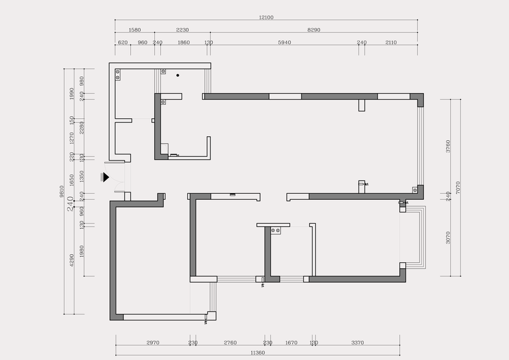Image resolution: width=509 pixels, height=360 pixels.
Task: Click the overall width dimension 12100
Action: pyautogui.click(x=266, y=17)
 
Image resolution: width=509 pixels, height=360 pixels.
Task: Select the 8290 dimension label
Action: pyautogui.click(x=314, y=29)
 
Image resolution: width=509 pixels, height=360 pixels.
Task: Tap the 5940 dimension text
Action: pyautogui.click(x=285, y=43)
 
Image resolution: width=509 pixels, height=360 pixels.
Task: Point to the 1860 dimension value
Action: pyautogui.click(x=183, y=43)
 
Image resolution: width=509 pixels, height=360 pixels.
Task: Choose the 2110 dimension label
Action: pyautogui.click(x=391, y=43)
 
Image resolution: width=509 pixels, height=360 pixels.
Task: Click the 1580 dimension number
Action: pyautogui.click(x=135, y=29)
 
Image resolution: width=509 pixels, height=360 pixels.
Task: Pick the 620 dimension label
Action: pyautogui.click(x=122, y=43)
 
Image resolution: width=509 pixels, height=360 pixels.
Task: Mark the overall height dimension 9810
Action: pyautogui.click(x=62, y=191)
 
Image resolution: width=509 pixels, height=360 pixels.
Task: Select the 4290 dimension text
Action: pyautogui.click(x=72, y=260)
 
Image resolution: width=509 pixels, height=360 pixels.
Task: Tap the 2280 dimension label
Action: pyautogui.click(x=82, y=127)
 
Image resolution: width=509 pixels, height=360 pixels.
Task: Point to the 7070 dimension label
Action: pyautogui.click(x=458, y=188)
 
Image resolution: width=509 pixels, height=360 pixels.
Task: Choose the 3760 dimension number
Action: pyautogui.click(x=448, y=146)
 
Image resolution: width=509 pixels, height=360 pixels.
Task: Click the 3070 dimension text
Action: pyautogui.click(x=448, y=238)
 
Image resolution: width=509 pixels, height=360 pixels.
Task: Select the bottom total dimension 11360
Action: pyautogui.click(x=258, y=353)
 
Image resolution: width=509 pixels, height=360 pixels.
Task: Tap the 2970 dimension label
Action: pyautogui.click(x=152, y=343)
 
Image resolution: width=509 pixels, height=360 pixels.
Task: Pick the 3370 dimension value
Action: pyautogui.click(x=357, y=343)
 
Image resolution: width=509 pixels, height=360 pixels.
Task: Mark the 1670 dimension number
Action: pyautogui.click(x=291, y=343)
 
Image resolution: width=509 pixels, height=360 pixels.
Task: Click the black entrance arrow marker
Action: pyautogui.click(x=105, y=177)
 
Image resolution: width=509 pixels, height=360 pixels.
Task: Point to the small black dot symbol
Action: pyautogui.click(x=177, y=76)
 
